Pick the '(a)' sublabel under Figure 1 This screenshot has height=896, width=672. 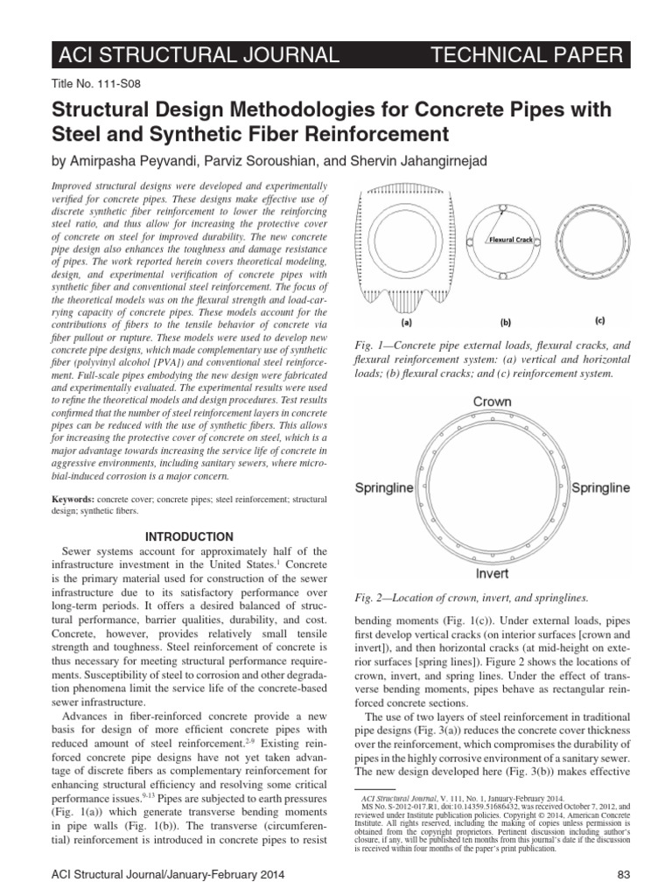[x=405, y=321]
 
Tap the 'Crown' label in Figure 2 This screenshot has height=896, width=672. [x=493, y=402]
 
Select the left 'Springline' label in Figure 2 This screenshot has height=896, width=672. [x=383, y=487]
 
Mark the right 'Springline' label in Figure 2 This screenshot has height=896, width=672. [x=600, y=486]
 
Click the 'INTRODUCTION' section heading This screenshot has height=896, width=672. [x=187, y=536]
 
